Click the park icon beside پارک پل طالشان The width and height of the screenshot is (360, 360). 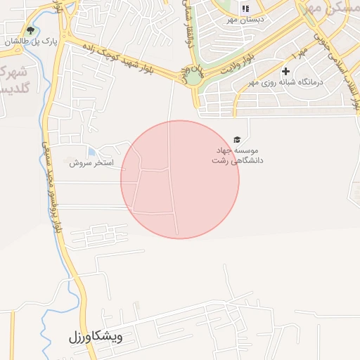click(30, 31)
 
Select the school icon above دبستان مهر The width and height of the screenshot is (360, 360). click(245, 9)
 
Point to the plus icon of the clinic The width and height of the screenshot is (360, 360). click(285, 71)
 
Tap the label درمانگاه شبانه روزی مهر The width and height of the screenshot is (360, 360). click(287, 83)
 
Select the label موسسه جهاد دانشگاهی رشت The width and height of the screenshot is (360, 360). click(238, 155)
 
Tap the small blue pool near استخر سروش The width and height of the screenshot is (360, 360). click(92, 151)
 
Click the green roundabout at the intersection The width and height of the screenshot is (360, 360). click(193, 76)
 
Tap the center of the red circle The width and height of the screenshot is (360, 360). click(180, 179)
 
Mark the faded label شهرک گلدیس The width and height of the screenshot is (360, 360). click(11, 81)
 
